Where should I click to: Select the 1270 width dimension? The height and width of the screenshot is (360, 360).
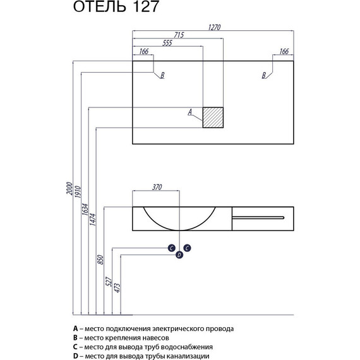[215, 27]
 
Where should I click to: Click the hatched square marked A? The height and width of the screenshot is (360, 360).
[213, 117]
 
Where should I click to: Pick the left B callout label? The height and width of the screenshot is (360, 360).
[162, 76]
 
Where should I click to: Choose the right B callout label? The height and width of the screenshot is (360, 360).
[264, 76]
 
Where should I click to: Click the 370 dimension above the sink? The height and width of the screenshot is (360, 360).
[157, 187]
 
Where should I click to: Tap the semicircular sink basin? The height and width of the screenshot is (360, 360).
[180, 218]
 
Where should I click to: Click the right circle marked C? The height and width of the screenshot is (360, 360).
[187, 248]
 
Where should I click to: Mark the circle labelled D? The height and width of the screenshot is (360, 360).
[179, 255]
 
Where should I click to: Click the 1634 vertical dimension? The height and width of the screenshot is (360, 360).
[85, 212]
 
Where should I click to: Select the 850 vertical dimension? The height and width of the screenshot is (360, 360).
[100, 260]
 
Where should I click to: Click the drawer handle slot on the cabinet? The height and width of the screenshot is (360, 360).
[259, 217]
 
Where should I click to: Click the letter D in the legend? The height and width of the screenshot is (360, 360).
[76, 354]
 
